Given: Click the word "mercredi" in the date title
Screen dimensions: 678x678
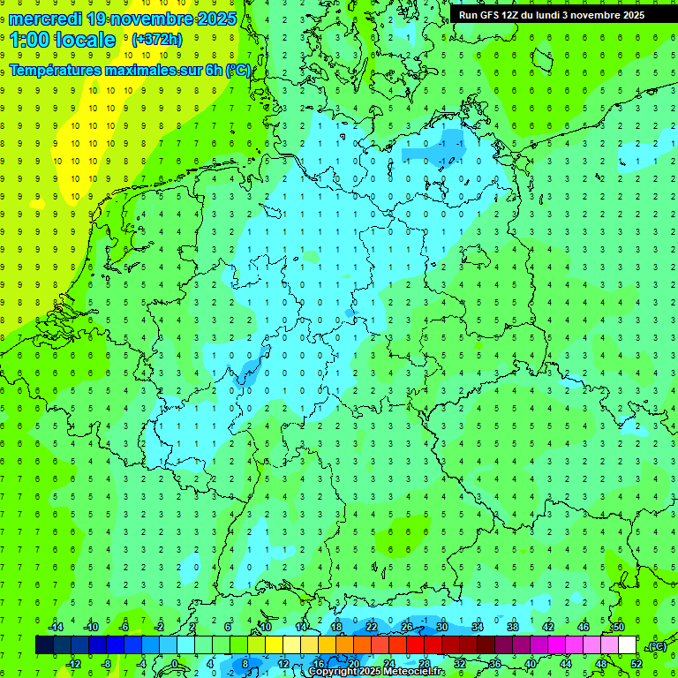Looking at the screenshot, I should click(45, 19).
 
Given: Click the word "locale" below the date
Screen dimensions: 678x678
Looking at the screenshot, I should click(88, 40).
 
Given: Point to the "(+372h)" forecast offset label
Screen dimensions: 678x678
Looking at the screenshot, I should click(156, 40).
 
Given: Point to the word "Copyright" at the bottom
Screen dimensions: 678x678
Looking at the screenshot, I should click(333, 672).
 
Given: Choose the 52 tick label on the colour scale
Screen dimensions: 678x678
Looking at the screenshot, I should click(637, 664).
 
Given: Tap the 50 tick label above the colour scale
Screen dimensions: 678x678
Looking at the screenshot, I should click(618, 627).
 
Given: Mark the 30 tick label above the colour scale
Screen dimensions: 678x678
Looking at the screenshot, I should click(442, 627).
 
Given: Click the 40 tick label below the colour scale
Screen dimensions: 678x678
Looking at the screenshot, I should click(531, 664).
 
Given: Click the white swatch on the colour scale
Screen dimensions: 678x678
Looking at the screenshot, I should click(627, 645).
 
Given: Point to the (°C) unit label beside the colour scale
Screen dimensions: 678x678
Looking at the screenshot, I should click(656, 646).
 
